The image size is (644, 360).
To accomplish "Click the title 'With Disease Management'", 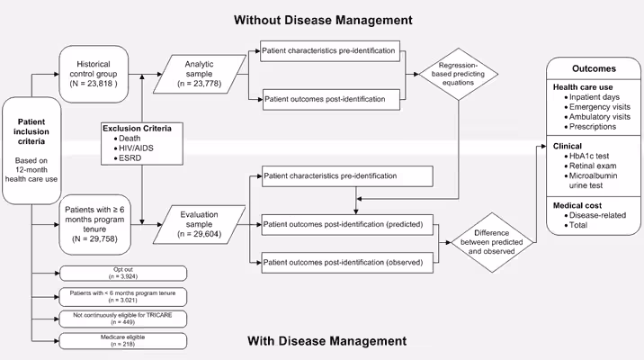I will coord(325,341).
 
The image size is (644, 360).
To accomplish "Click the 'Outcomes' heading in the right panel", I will coord(594,68).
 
